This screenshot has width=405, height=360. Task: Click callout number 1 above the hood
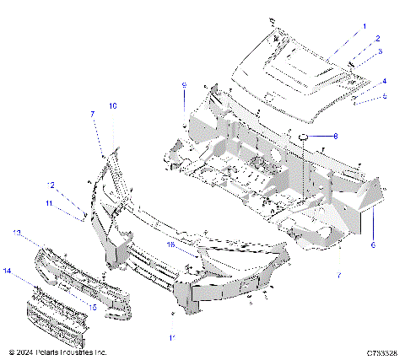(364, 26)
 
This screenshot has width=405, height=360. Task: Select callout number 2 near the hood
(377, 39)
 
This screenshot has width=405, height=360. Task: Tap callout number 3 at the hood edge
(379, 52)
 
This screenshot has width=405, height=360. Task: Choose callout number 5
(384, 96)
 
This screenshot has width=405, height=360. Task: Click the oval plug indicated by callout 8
(305, 137)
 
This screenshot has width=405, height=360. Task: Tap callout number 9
(183, 86)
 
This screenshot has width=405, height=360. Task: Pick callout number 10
(113, 105)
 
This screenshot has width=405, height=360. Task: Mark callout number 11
(49, 203)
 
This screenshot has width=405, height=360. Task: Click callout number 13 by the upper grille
(16, 232)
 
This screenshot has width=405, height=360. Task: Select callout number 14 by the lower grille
(9, 271)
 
